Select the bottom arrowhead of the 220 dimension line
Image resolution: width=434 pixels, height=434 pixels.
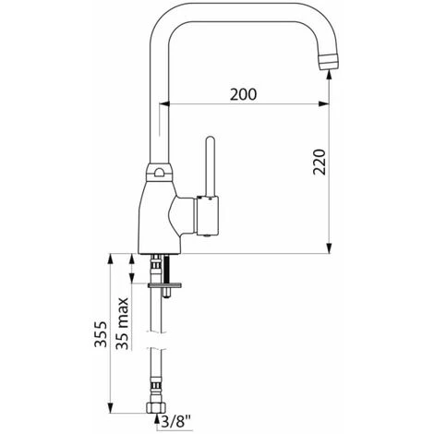(330, 248)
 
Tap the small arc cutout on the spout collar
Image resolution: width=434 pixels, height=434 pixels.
(162, 172)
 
